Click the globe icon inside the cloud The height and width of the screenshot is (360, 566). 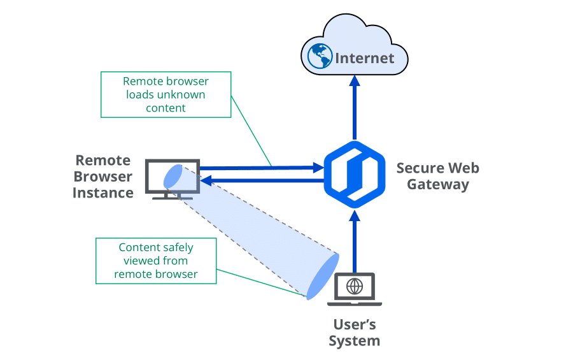click(x=320, y=57)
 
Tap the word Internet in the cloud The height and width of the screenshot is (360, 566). click(x=365, y=59)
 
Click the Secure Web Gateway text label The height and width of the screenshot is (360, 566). click(x=437, y=176)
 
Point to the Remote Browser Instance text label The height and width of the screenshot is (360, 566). click(x=103, y=176)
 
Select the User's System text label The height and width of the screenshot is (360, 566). click(x=355, y=333)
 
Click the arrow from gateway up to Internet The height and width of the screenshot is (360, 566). click(x=355, y=108)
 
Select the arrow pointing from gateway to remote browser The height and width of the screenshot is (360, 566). click(x=261, y=181)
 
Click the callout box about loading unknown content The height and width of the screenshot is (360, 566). click(x=166, y=94)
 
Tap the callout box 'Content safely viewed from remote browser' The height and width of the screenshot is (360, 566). click(x=156, y=261)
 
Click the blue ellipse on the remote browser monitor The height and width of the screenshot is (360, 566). click(x=173, y=176)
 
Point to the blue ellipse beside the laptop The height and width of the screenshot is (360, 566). click(x=322, y=276)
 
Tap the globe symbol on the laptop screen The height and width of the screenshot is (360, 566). click(x=355, y=286)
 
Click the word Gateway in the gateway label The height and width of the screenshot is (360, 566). click(x=437, y=185)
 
